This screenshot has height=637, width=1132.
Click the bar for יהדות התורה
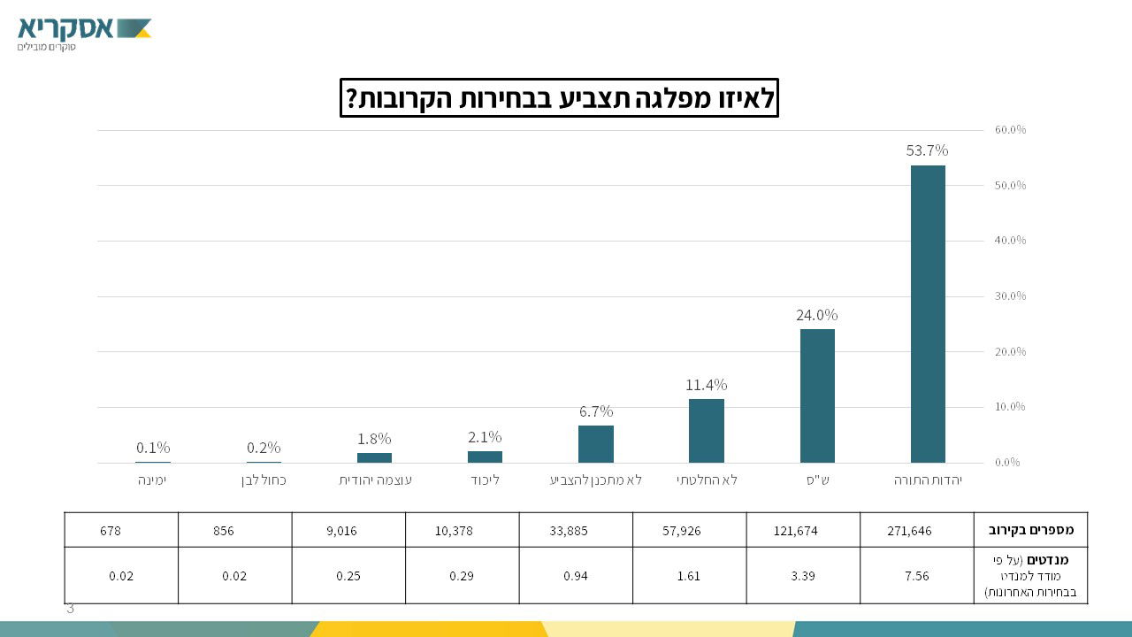(928, 314)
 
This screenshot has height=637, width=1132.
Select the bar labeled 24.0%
(817, 395)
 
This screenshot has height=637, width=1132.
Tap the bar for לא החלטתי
(707, 431)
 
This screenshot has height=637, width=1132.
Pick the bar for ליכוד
(485, 457)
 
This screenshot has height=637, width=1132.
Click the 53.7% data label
(927, 150)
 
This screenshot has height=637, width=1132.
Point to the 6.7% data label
(596, 411)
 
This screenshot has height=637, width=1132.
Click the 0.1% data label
(153, 448)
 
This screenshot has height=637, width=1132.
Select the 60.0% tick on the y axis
(1010, 130)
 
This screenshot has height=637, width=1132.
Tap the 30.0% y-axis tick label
(1010, 296)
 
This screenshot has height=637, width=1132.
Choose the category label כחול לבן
(264, 480)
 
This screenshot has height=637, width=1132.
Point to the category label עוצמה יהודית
(375, 480)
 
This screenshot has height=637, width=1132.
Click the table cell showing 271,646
(909, 531)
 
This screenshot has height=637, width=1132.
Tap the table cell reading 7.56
(917, 576)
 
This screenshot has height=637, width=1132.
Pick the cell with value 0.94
(576, 576)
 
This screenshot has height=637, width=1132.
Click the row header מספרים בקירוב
(1030, 530)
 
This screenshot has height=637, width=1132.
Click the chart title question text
(559, 97)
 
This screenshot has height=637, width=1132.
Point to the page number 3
(71, 609)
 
